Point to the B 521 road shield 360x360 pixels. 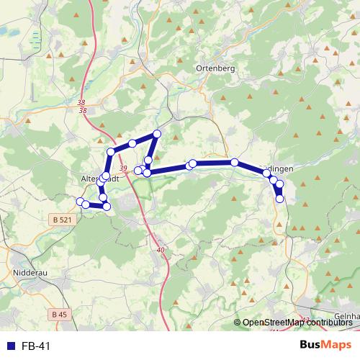(x=63, y=219)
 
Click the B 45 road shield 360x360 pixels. (x=59, y=314)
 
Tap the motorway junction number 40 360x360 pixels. (x=160, y=250)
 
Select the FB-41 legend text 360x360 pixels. (x=36, y=346)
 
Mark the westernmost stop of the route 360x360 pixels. (x=80, y=201)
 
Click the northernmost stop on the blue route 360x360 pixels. (x=157, y=134)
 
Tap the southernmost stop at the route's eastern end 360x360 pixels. (x=279, y=198)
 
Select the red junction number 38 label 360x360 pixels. (x=81, y=107)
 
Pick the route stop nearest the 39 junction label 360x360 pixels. (x=138, y=170)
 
